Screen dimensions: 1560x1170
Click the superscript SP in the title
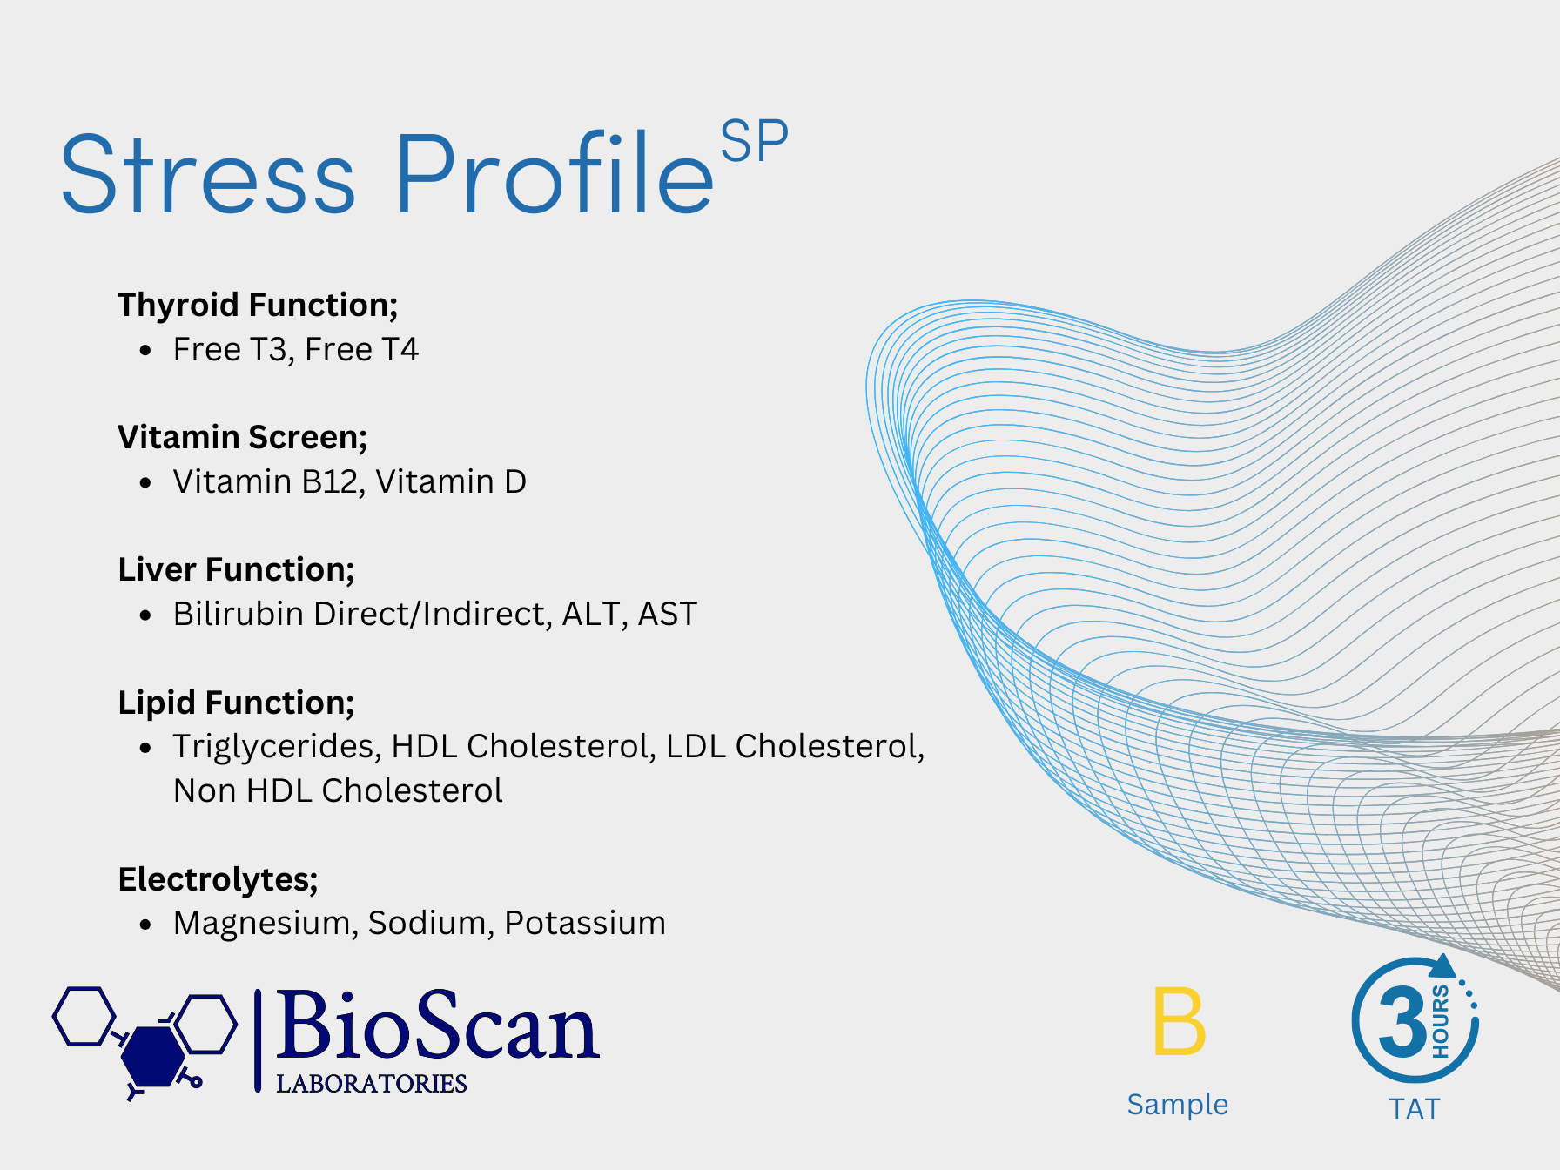point(754,141)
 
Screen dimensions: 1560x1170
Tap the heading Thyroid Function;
point(258,306)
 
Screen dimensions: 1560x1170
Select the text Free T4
point(361,349)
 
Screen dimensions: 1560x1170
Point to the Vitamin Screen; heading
point(243,437)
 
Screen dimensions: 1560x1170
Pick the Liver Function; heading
point(237,569)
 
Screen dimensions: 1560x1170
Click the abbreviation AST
point(668,614)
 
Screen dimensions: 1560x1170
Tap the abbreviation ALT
point(592,614)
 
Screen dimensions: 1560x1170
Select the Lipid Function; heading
point(237,703)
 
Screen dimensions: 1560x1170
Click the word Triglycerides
point(277,747)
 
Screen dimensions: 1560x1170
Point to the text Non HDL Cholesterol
point(338,790)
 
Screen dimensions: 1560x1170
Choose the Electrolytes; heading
point(219,879)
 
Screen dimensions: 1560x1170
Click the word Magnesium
point(266,923)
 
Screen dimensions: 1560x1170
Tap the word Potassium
point(585,923)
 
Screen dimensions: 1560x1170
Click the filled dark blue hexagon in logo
point(152,1055)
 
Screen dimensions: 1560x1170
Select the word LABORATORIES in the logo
point(372,1083)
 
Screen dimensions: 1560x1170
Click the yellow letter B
point(1179,1021)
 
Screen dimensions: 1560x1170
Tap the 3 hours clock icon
point(1415,1019)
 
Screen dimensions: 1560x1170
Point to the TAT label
point(1415,1109)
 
